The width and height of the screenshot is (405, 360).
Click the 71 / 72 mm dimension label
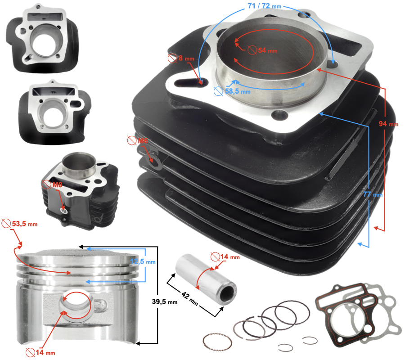[264, 7]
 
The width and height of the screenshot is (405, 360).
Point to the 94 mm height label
[388, 123]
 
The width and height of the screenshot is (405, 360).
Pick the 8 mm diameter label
[176, 58]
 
